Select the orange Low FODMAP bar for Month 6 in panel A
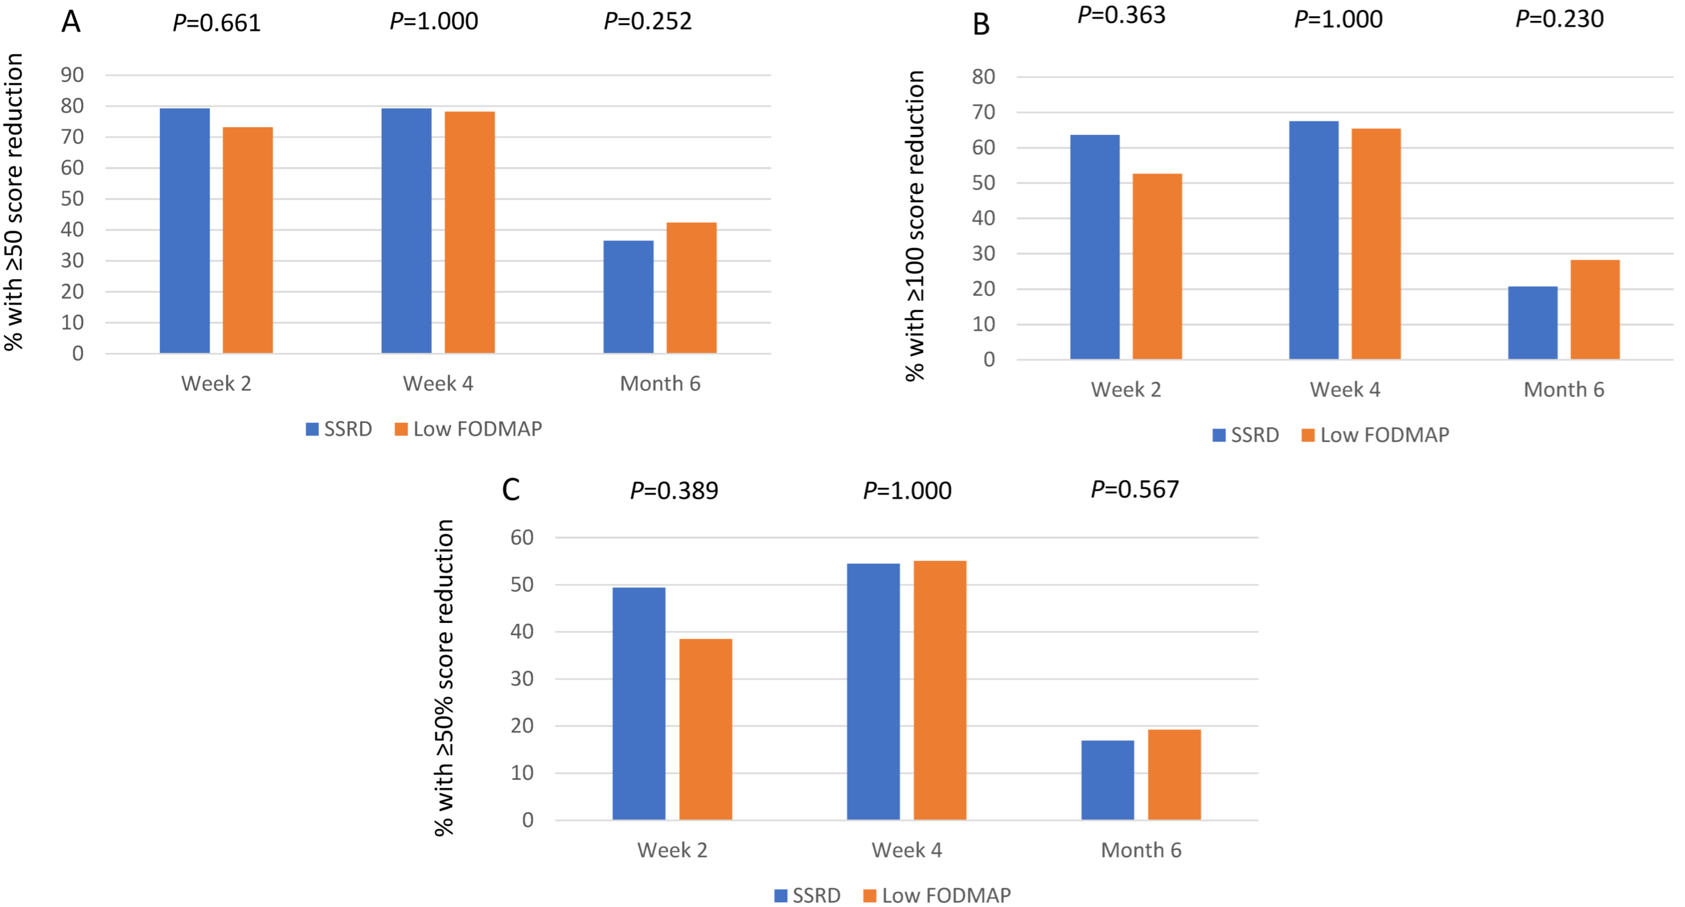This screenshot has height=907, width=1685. [x=691, y=288]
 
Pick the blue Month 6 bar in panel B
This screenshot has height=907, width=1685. [x=1533, y=323]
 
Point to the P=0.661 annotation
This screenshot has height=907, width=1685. [x=216, y=23]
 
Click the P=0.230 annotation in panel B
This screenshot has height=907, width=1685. [x=1559, y=19]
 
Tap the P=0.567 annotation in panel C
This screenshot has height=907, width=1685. [x=1135, y=489]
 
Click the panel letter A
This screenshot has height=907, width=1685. [x=71, y=21]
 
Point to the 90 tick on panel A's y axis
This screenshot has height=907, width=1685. [x=72, y=75]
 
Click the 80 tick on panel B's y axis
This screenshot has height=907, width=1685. [x=983, y=77]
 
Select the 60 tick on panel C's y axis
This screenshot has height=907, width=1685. [x=522, y=538]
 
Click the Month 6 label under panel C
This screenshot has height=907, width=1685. [x=1141, y=850]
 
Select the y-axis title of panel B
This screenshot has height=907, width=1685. [x=914, y=225]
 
